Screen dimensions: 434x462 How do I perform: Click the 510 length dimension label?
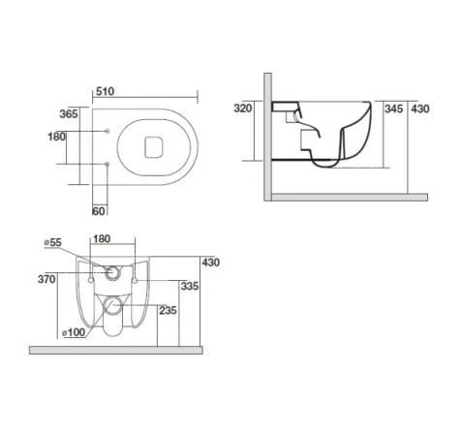[107, 94]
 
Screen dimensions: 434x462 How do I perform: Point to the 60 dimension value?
[98, 209]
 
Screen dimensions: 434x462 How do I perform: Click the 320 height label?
[242, 109]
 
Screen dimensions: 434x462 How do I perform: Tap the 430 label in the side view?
[419, 109]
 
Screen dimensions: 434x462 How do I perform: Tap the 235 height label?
[168, 311]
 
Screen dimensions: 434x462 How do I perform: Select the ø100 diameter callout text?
[73, 332]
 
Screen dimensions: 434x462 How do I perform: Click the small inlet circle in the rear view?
[115, 272]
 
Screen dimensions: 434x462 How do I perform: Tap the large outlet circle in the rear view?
[113, 309]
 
